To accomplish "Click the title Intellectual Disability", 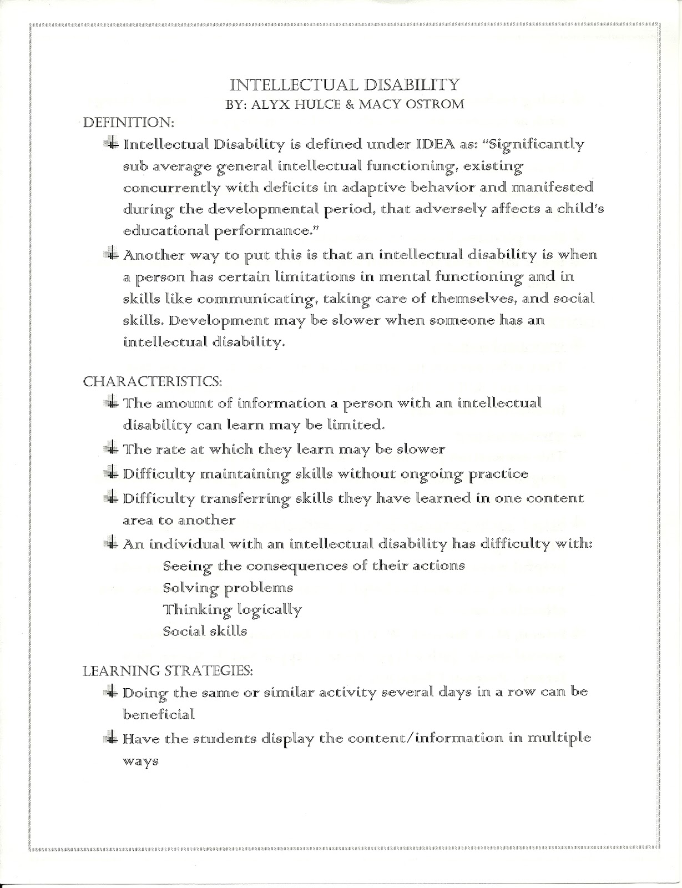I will click(x=345, y=85).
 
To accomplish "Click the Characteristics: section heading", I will click(x=153, y=381).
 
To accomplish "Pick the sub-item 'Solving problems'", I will click(x=228, y=588).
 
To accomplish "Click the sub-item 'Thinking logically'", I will click(x=232, y=610).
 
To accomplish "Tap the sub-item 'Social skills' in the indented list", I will click(x=205, y=631).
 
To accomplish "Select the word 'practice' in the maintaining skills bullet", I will click(x=498, y=474).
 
